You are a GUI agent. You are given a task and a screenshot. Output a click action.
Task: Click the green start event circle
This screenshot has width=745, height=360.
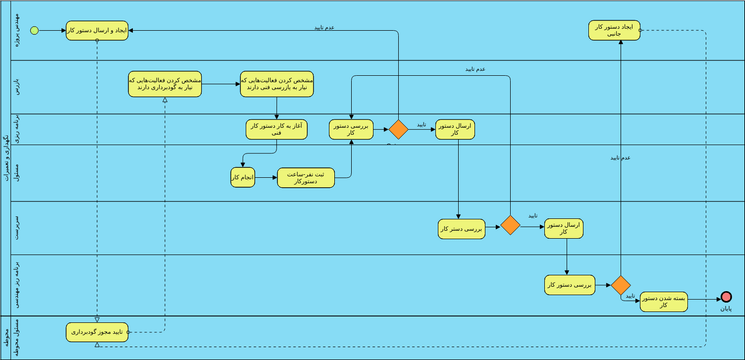tap(35, 31)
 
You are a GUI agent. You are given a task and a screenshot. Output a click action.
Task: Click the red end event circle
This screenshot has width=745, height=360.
tap(726, 297)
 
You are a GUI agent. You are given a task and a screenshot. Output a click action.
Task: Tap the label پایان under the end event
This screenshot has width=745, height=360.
tap(726, 311)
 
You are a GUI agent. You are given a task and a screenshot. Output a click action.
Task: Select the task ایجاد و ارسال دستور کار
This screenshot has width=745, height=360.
tap(97, 31)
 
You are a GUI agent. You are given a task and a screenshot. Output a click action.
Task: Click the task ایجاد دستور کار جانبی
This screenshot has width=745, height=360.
tap(614, 31)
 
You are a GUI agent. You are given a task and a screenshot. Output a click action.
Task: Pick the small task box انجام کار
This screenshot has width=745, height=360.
tap(243, 177)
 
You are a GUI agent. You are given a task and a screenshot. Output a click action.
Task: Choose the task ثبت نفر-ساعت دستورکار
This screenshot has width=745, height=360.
tap(306, 177)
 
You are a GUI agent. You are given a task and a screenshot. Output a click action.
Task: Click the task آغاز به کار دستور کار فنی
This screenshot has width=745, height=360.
tap(274, 129)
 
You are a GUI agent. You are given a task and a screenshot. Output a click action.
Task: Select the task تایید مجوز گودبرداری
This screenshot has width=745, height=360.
tap(97, 331)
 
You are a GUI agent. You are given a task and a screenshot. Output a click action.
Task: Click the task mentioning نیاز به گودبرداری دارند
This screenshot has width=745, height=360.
tap(164, 84)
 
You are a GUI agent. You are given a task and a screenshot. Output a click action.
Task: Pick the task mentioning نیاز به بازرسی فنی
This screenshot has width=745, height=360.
tap(276, 84)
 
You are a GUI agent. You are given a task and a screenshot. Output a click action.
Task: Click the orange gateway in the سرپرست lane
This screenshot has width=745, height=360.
tap(510, 225)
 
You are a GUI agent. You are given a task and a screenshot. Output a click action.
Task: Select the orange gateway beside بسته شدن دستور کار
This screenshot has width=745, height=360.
tap(621, 285)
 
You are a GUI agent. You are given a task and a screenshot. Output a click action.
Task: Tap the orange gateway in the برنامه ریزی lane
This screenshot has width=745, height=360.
tap(398, 130)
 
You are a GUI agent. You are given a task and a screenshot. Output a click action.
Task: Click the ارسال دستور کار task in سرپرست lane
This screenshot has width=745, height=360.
tap(564, 229)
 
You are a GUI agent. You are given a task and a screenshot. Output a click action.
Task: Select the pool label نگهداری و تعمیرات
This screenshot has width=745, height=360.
tap(6, 160)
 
